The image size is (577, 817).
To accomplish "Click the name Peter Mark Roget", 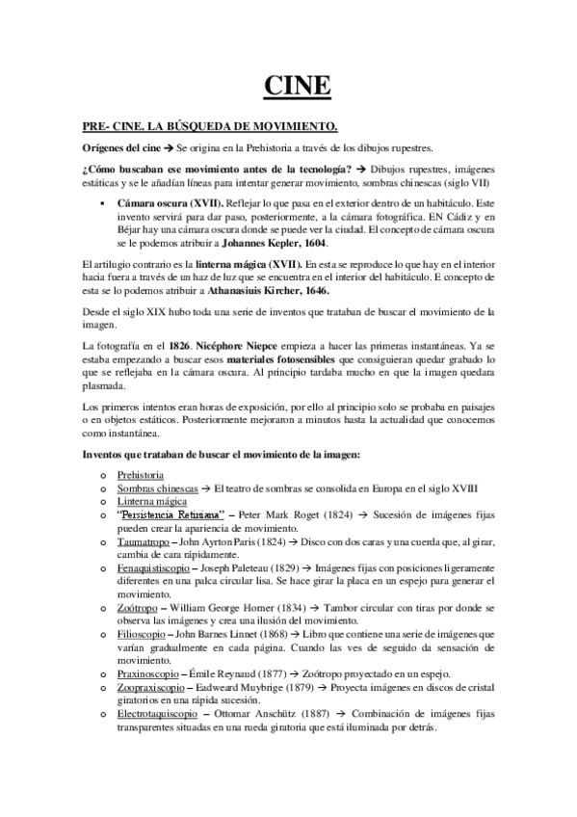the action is pos(278,516).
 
